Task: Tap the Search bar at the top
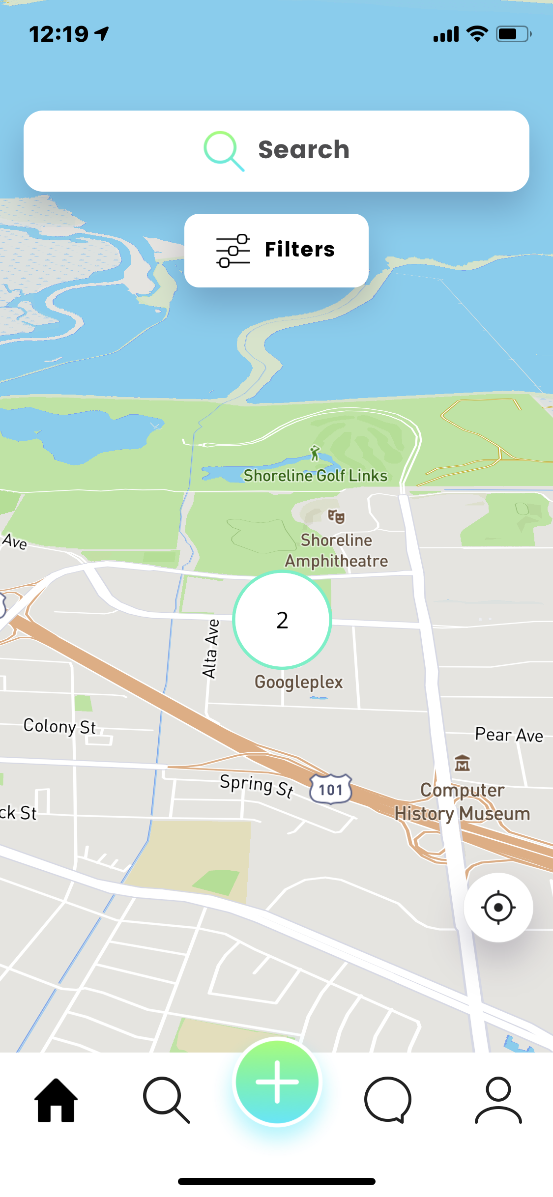tap(276, 150)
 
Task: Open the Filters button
tap(276, 250)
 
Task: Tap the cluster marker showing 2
tap(282, 620)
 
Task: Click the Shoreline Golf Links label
tap(316, 476)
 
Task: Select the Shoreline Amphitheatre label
tap(337, 550)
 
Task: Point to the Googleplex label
tap(298, 682)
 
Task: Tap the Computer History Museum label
tap(462, 802)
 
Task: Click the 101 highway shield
tap(331, 789)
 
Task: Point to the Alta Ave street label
tap(211, 649)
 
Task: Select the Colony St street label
tap(59, 726)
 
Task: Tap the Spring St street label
tap(256, 785)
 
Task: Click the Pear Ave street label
tap(509, 735)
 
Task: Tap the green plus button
tap(277, 1082)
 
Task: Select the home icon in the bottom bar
tap(56, 1100)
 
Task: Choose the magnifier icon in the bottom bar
tap(167, 1100)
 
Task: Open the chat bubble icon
tap(388, 1100)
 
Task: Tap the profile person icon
tap(498, 1100)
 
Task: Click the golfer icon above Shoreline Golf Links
tap(315, 453)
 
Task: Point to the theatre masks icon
tap(336, 516)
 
